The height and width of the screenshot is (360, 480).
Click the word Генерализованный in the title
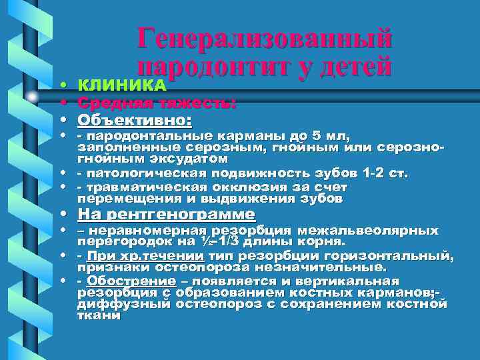tap(265, 38)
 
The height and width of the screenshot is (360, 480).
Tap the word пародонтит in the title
tap(211, 67)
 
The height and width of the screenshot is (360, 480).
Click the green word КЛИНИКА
tap(122, 85)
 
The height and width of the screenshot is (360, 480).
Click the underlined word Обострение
tap(123, 281)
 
